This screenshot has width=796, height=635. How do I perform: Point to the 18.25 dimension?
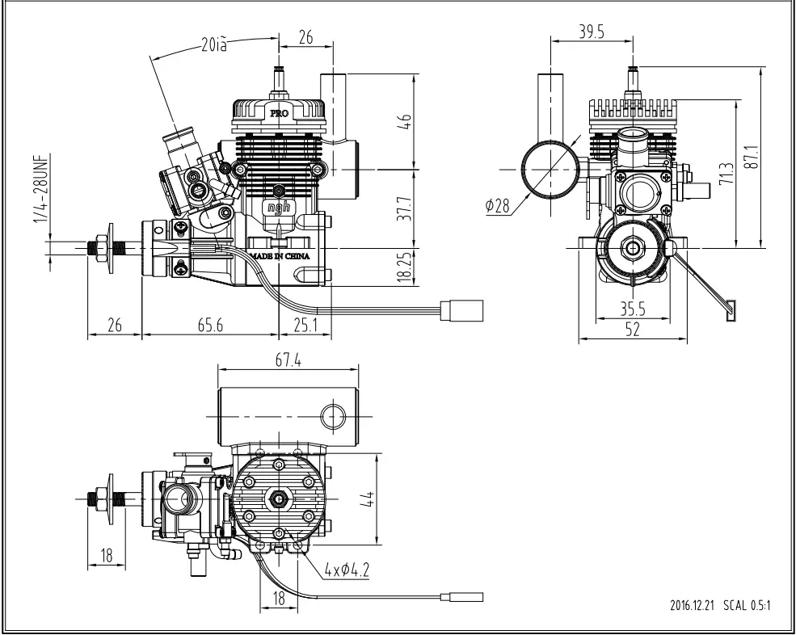pyautogui.click(x=405, y=266)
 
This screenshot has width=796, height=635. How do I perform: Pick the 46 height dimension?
pyautogui.click(x=405, y=120)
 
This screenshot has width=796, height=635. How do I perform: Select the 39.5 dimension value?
pyautogui.click(x=592, y=32)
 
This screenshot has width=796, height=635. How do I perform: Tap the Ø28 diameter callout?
pyautogui.click(x=498, y=205)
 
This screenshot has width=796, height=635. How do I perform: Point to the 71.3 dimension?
pyautogui.click(x=725, y=173)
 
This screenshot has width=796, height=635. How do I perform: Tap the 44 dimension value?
pyautogui.click(x=366, y=498)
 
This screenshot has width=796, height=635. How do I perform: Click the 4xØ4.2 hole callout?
pyautogui.click(x=346, y=570)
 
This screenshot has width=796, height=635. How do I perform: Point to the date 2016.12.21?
pyautogui.click(x=693, y=603)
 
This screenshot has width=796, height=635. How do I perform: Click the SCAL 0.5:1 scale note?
pyautogui.click(x=748, y=603)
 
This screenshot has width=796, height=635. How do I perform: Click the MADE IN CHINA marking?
pyautogui.click(x=280, y=255)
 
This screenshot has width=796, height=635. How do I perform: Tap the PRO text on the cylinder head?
pyautogui.click(x=279, y=113)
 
